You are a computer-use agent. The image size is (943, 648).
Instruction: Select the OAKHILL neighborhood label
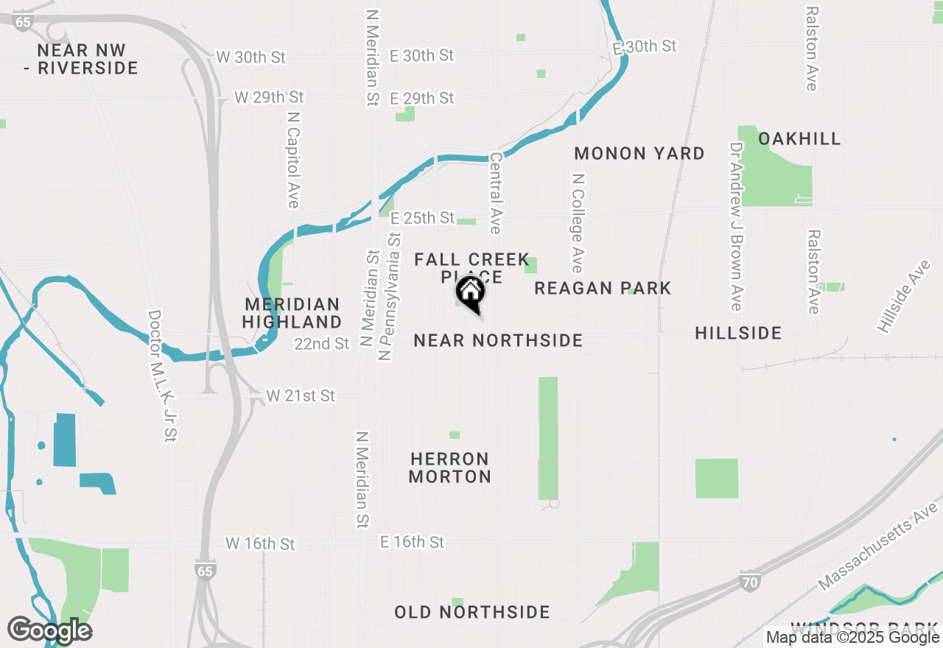pos(799,138)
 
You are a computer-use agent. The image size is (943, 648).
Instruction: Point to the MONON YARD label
pos(639,153)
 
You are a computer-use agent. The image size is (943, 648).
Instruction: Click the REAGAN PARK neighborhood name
pos(603,288)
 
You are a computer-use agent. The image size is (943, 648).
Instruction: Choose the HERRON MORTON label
pos(450,468)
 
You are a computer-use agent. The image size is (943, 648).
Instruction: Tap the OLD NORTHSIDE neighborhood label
pos(472,612)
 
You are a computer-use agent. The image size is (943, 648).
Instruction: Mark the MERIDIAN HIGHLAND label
pos(292,313)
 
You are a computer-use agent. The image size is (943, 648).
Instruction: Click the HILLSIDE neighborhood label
pos(738,334)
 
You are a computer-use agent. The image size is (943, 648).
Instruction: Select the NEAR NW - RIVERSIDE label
pos(87,60)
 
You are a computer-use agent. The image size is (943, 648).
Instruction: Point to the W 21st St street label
pos(301,396)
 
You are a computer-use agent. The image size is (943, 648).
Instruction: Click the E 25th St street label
pos(423,218)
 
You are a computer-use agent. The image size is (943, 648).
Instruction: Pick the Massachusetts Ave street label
pos(879,546)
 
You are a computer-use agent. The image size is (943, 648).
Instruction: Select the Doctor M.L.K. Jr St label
pos(163,376)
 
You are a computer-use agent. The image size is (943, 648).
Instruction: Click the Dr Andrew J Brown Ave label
pos(735,226)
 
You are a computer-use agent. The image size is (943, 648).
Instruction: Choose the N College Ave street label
pos(578,223)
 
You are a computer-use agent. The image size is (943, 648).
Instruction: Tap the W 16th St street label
pos(260,543)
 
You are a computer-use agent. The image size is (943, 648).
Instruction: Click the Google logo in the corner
pos(49,630)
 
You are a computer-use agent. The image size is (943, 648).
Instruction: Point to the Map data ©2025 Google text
pos(852,638)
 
